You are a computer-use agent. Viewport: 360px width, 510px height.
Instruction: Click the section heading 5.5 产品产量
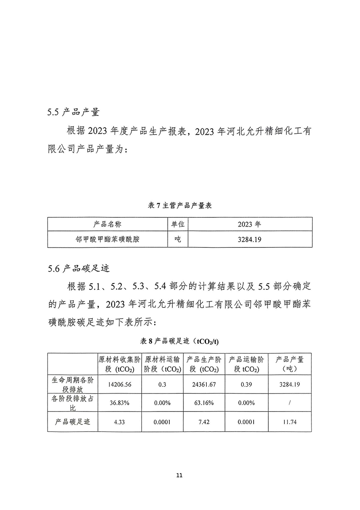(73, 112)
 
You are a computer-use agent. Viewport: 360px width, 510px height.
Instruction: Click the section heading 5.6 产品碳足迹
(78, 269)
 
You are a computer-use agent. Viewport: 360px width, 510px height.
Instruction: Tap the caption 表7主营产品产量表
(180, 205)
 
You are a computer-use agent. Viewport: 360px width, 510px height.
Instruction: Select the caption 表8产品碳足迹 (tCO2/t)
(180, 341)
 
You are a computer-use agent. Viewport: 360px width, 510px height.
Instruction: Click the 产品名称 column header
(107, 224)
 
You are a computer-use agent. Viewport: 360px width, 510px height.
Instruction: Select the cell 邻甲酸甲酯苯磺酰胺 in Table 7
(107, 239)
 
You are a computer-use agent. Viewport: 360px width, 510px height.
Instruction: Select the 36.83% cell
(120, 403)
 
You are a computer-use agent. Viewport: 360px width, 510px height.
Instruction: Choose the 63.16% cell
(204, 403)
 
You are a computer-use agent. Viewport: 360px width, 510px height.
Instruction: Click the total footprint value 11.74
(289, 422)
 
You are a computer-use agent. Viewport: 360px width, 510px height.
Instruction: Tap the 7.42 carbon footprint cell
(204, 422)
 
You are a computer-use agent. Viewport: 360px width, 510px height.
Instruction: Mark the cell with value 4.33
(120, 422)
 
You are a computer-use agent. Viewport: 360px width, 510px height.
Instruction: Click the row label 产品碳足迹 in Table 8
(72, 422)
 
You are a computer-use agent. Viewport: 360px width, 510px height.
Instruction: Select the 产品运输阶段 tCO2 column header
(246, 364)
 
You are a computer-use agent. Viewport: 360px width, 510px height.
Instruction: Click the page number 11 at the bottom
(179, 476)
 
